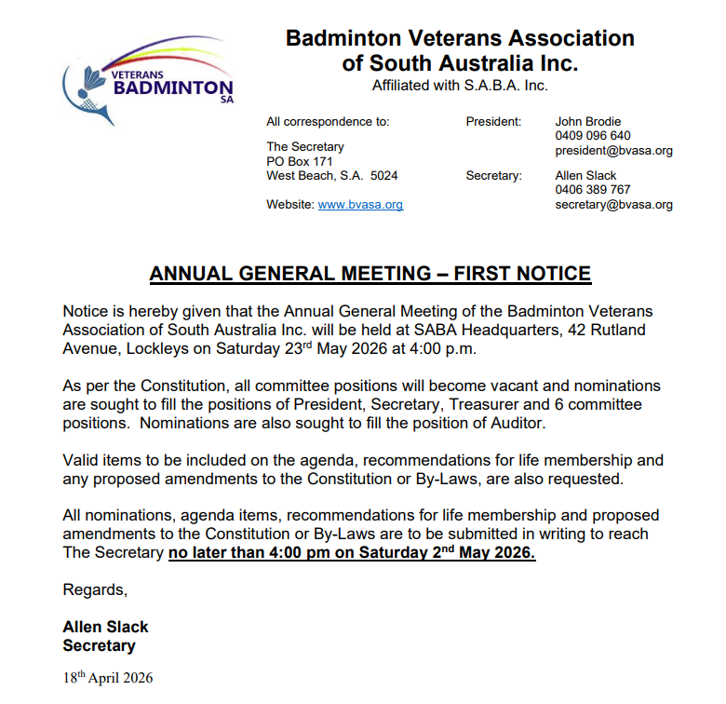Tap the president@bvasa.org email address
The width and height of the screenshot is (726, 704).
[x=613, y=151]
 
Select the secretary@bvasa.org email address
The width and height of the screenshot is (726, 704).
[x=613, y=205]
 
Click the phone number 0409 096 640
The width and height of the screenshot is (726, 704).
[x=593, y=136]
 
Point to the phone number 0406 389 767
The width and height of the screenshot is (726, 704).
[x=593, y=190]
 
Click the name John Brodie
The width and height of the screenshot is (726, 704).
[x=588, y=121]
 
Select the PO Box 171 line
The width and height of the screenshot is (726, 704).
[x=298, y=161]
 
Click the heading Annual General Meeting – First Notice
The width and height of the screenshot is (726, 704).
[x=370, y=274]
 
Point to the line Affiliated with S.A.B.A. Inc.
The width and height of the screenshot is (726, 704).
[x=460, y=86]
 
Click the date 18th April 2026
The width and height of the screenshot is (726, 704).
[x=107, y=677]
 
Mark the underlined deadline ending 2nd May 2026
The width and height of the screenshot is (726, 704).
[x=352, y=552]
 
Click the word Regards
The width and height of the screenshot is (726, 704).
[x=94, y=589]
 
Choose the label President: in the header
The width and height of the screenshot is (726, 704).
[x=493, y=121]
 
